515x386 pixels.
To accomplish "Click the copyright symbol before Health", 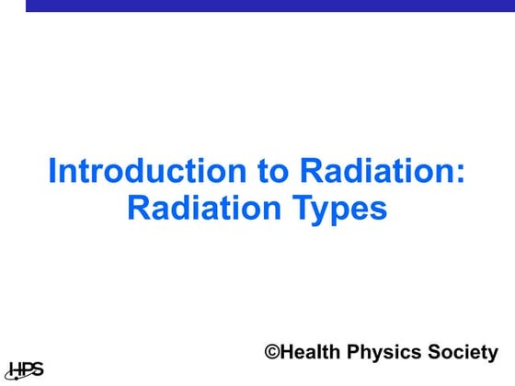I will click(x=272, y=352).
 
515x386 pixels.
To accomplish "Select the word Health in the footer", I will click(x=312, y=352).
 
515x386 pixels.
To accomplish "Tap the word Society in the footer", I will click(x=464, y=353).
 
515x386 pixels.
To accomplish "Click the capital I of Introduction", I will click(x=51, y=172).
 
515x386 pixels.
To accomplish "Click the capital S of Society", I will click(x=437, y=352).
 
